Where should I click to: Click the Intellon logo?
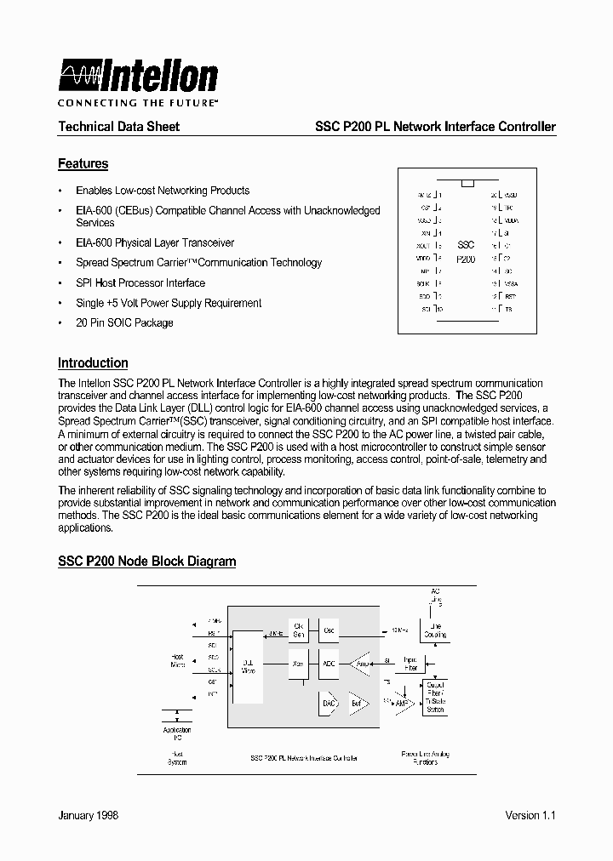(x=138, y=77)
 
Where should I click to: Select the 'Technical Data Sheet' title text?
(x=118, y=127)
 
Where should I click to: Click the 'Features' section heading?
(x=83, y=163)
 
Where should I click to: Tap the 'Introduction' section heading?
(x=93, y=362)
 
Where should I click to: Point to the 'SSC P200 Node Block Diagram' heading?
(x=146, y=562)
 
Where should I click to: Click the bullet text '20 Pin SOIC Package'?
(x=124, y=323)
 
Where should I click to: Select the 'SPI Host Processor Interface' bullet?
(x=140, y=283)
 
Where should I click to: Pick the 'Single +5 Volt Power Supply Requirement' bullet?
(x=169, y=303)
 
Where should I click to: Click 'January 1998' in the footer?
(x=88, y=815)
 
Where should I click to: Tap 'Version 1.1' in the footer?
(x=530, y=815)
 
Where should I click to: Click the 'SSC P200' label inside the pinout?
(x=466, y=252)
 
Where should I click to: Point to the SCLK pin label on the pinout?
(x=424, y=282)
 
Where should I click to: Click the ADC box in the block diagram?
(x=329, y=664)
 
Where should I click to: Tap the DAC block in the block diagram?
(x=329, y=703)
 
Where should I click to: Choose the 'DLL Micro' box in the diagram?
(x=249, y=667)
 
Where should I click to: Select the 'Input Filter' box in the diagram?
(x=410, y=664)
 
